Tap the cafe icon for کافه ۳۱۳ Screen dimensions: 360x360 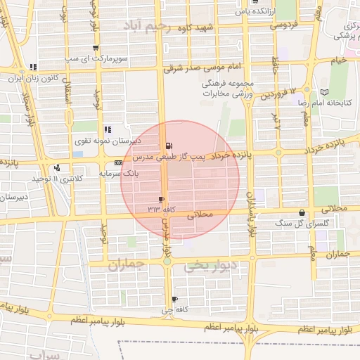click(162, 200)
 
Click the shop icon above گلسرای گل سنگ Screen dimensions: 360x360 click(302, 212)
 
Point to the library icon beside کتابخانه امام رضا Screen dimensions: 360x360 click(324, 92)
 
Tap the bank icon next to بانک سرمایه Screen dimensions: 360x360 click(118, 162)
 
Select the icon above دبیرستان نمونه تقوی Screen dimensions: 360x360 click(108, 129)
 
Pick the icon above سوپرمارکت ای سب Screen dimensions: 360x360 click(95, 48)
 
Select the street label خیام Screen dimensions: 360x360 click(339, 63)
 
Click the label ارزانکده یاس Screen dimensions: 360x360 click(250, 11)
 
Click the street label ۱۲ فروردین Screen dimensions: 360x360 click(281, 94)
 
